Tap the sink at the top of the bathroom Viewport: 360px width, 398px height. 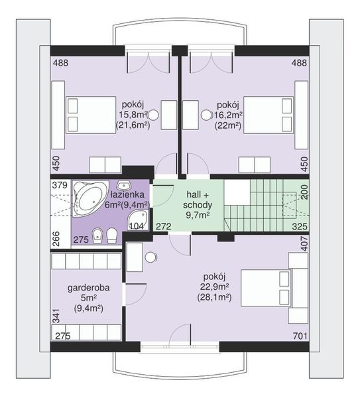coord(124,185)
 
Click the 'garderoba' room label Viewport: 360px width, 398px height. coord(89,288)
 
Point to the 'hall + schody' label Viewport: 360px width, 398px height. coord(198,200)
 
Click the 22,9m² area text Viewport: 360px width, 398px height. coord(215,287)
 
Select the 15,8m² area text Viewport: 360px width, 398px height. coord(133,115)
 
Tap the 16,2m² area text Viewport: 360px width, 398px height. coord(228,115)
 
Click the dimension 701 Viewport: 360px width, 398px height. coord(300,336)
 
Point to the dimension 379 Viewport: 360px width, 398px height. coord(60,185)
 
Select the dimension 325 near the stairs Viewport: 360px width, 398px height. coord(300,226)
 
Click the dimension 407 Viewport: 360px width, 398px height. coord(304,243)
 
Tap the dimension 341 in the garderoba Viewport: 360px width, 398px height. coord(56,316)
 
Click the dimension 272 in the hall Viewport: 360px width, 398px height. coord(163,226)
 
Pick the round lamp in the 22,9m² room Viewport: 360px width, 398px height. coord(151,257)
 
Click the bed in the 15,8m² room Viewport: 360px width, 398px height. coord(91,115)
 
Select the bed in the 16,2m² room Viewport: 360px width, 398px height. coord(268,115)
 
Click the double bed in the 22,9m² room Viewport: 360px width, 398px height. coord(266,288)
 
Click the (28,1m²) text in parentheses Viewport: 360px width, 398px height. coord(214,297)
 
